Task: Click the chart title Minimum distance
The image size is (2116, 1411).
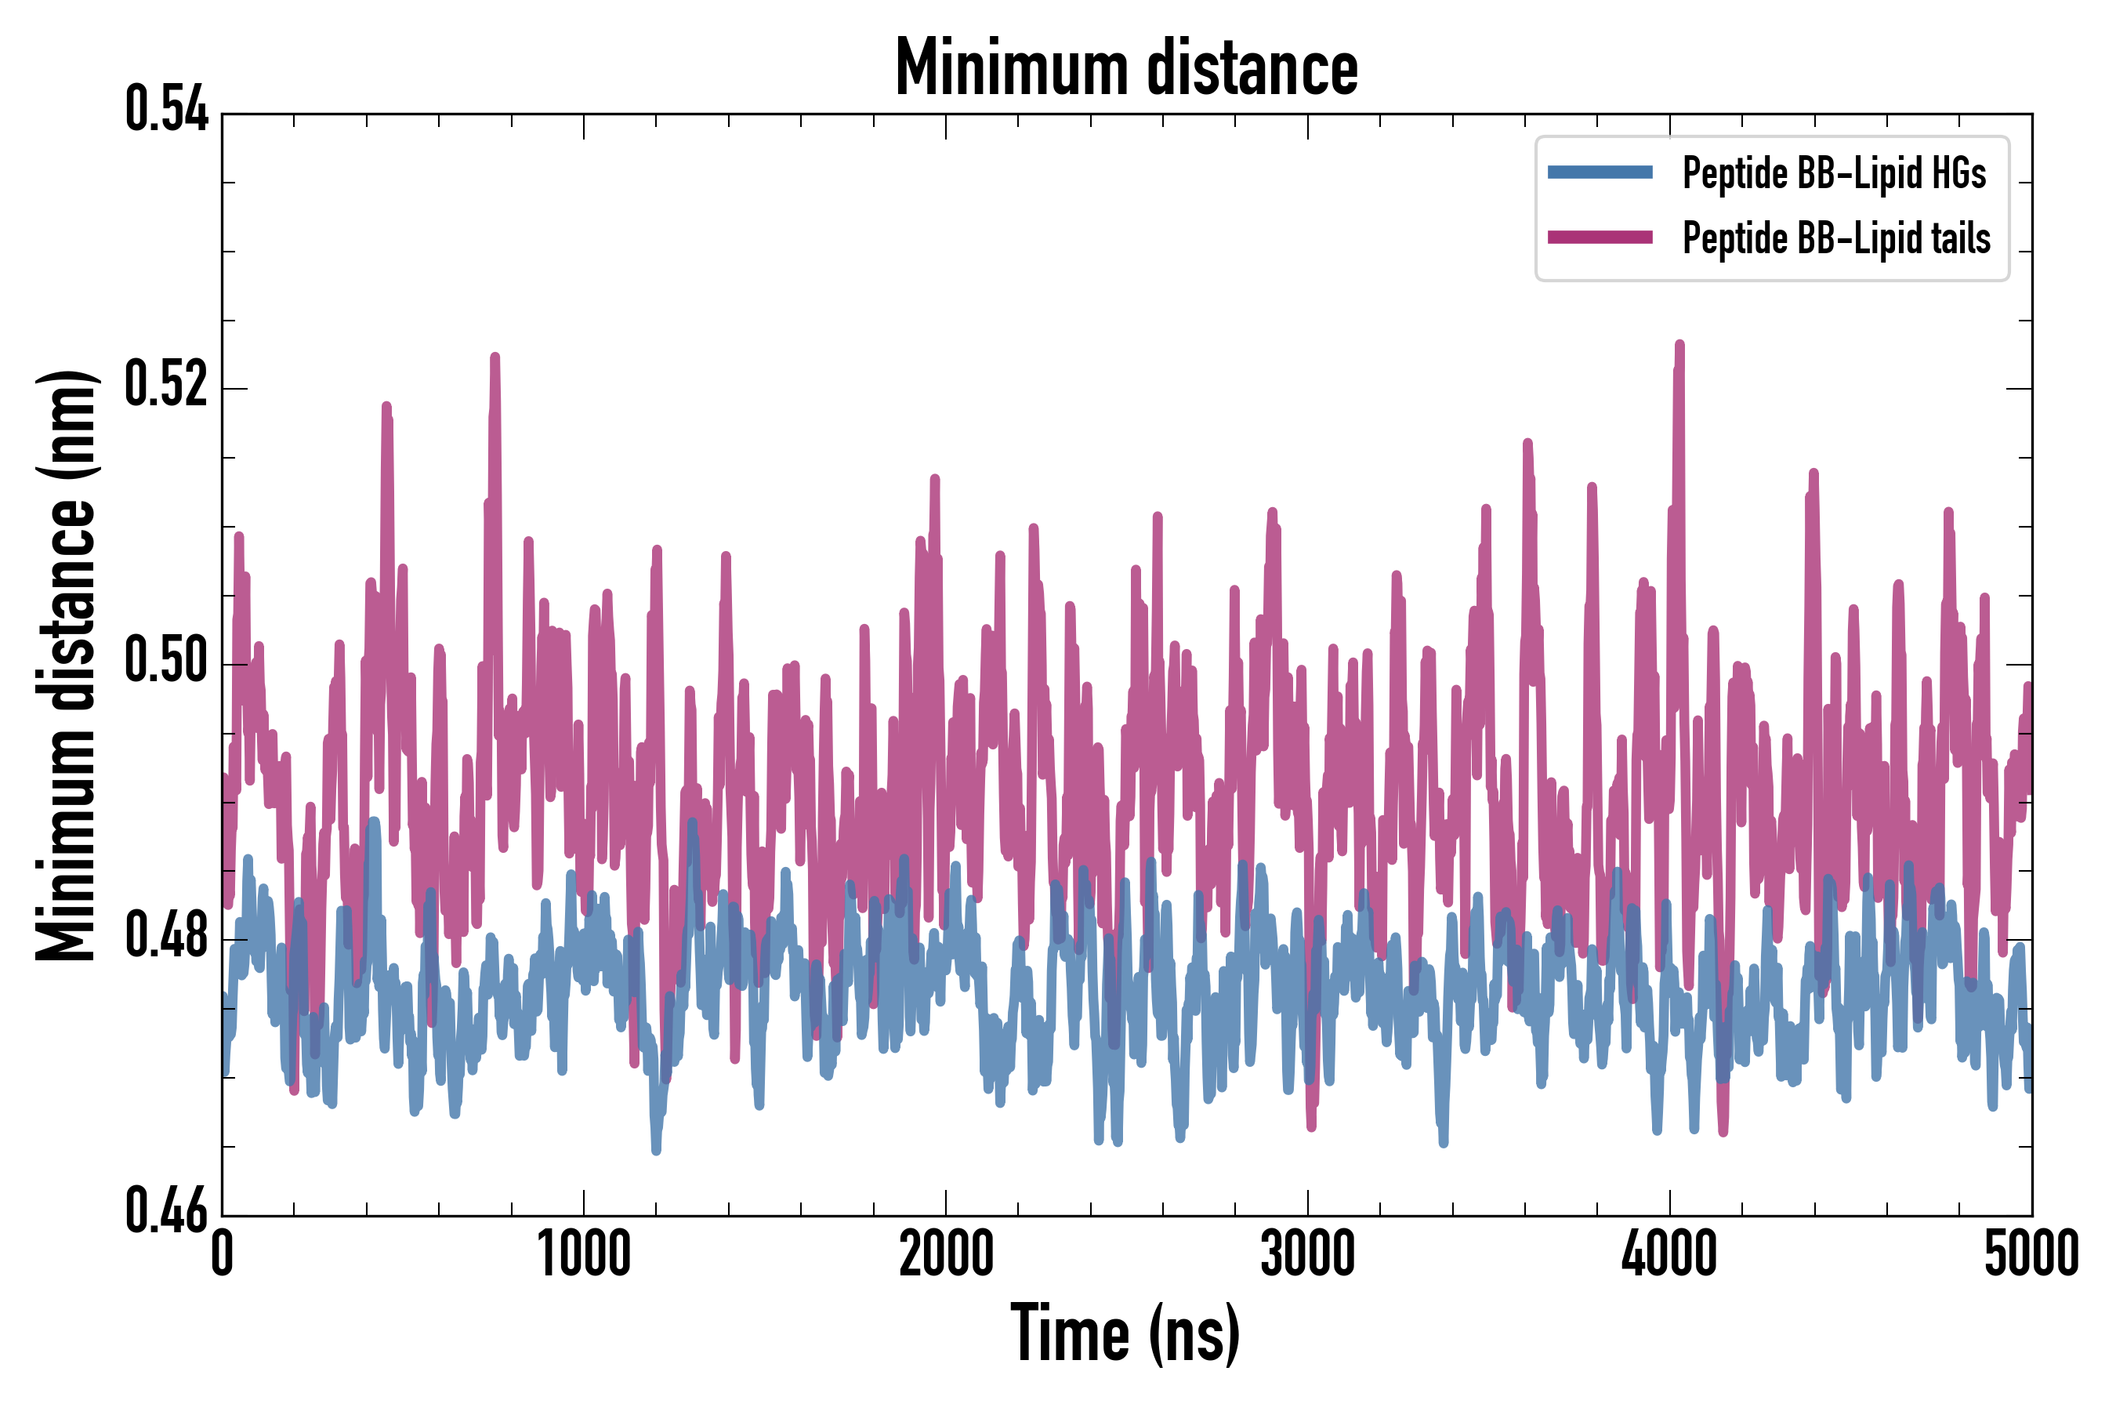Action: coord(1125,67)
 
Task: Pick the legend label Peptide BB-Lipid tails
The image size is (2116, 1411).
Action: coord(1835,238)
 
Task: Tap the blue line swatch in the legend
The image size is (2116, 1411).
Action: coord(1600,172)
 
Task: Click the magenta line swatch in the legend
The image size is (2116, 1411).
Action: coord(1600,238)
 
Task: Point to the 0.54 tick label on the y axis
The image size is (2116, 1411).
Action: coord(166,110)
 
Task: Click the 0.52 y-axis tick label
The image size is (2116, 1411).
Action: coord(166,385)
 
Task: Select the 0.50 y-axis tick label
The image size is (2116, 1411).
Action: coord(166,661)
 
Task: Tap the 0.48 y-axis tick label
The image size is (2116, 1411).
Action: coord(166,936)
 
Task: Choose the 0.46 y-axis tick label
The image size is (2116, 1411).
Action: coord(166,1211)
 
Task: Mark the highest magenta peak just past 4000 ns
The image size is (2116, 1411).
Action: coord(1679,346)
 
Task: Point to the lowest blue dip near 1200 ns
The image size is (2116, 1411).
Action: coord(656,1149)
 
